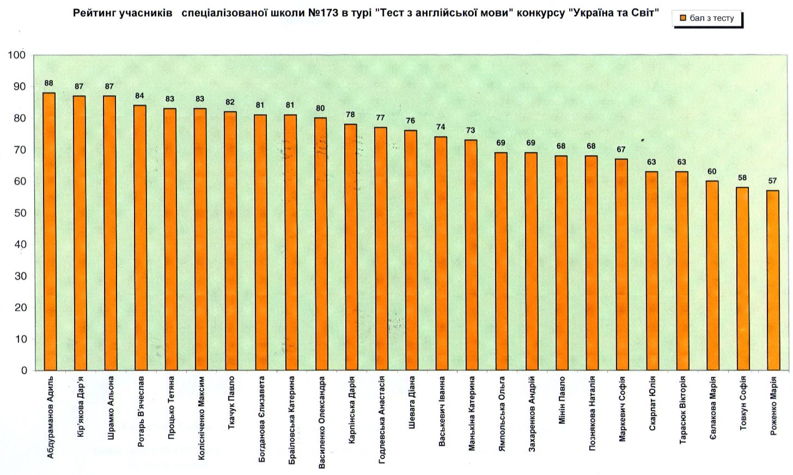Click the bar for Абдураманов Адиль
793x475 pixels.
coord(49,231)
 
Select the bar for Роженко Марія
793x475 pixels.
coord(772,280)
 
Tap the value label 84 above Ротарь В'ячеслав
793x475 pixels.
coord(139,96)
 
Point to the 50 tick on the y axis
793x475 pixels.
coord(21,213)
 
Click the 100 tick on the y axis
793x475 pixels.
coord(17,55)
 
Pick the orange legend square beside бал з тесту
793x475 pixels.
coord(682,18)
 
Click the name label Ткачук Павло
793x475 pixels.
coord(231,402)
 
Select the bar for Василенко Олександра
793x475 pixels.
coord(320,244)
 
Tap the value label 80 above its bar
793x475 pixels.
coord(320,108)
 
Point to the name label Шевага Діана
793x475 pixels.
coord(412,402)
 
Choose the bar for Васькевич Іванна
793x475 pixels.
coord(441,253)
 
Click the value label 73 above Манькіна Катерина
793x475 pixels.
coord(471,130)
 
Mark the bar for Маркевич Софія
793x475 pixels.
coord(621,264)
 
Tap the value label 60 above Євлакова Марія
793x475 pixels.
coord(712,171)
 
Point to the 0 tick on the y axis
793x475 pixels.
coord(24,371)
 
